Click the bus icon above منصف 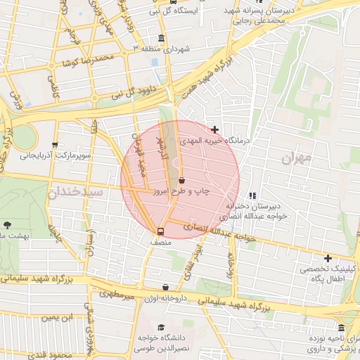(x=160, y=231)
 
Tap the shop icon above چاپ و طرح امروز (x=182, y=180)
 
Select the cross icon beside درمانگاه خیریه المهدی (x=214, y=129)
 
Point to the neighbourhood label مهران (x=296, y=159)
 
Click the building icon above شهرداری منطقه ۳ (x=162, y=38)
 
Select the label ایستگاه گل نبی (x=173, y=11)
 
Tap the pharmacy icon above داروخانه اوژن (x=165, y=287)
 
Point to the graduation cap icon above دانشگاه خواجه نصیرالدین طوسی (x=162, y=327)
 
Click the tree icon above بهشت (x=7, y=225)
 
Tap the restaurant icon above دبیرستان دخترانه (x=252, y=195)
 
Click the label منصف (x=160, y=242)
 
